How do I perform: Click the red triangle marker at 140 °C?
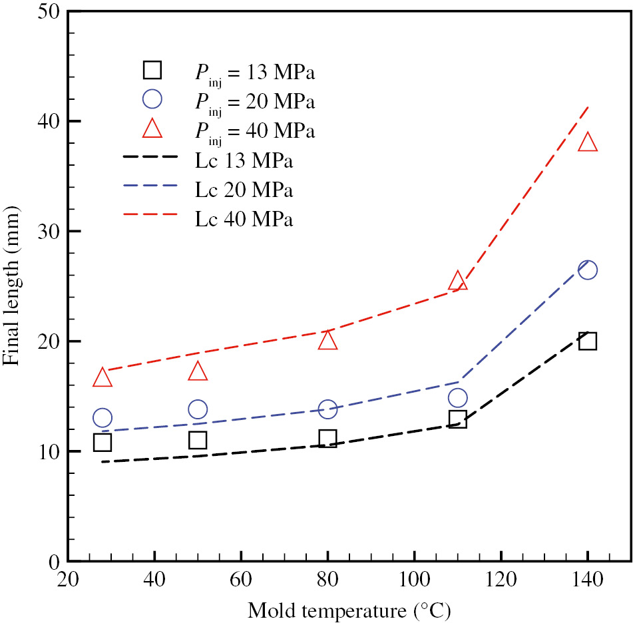[x=587, y=143]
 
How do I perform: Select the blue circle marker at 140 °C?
[x=587, y=270]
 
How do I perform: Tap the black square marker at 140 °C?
[x=587, y=341]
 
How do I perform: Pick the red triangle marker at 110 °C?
[x=457, y=282]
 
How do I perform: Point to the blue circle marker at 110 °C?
[x=457, y=398]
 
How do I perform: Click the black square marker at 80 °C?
[x=327, y=438]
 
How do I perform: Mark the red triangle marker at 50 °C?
[x=198, y=371]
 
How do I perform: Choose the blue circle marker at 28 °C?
[x=103, y=418]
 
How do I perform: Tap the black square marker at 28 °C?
[x=103, y=442]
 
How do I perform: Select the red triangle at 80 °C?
[x=327, y=341]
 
